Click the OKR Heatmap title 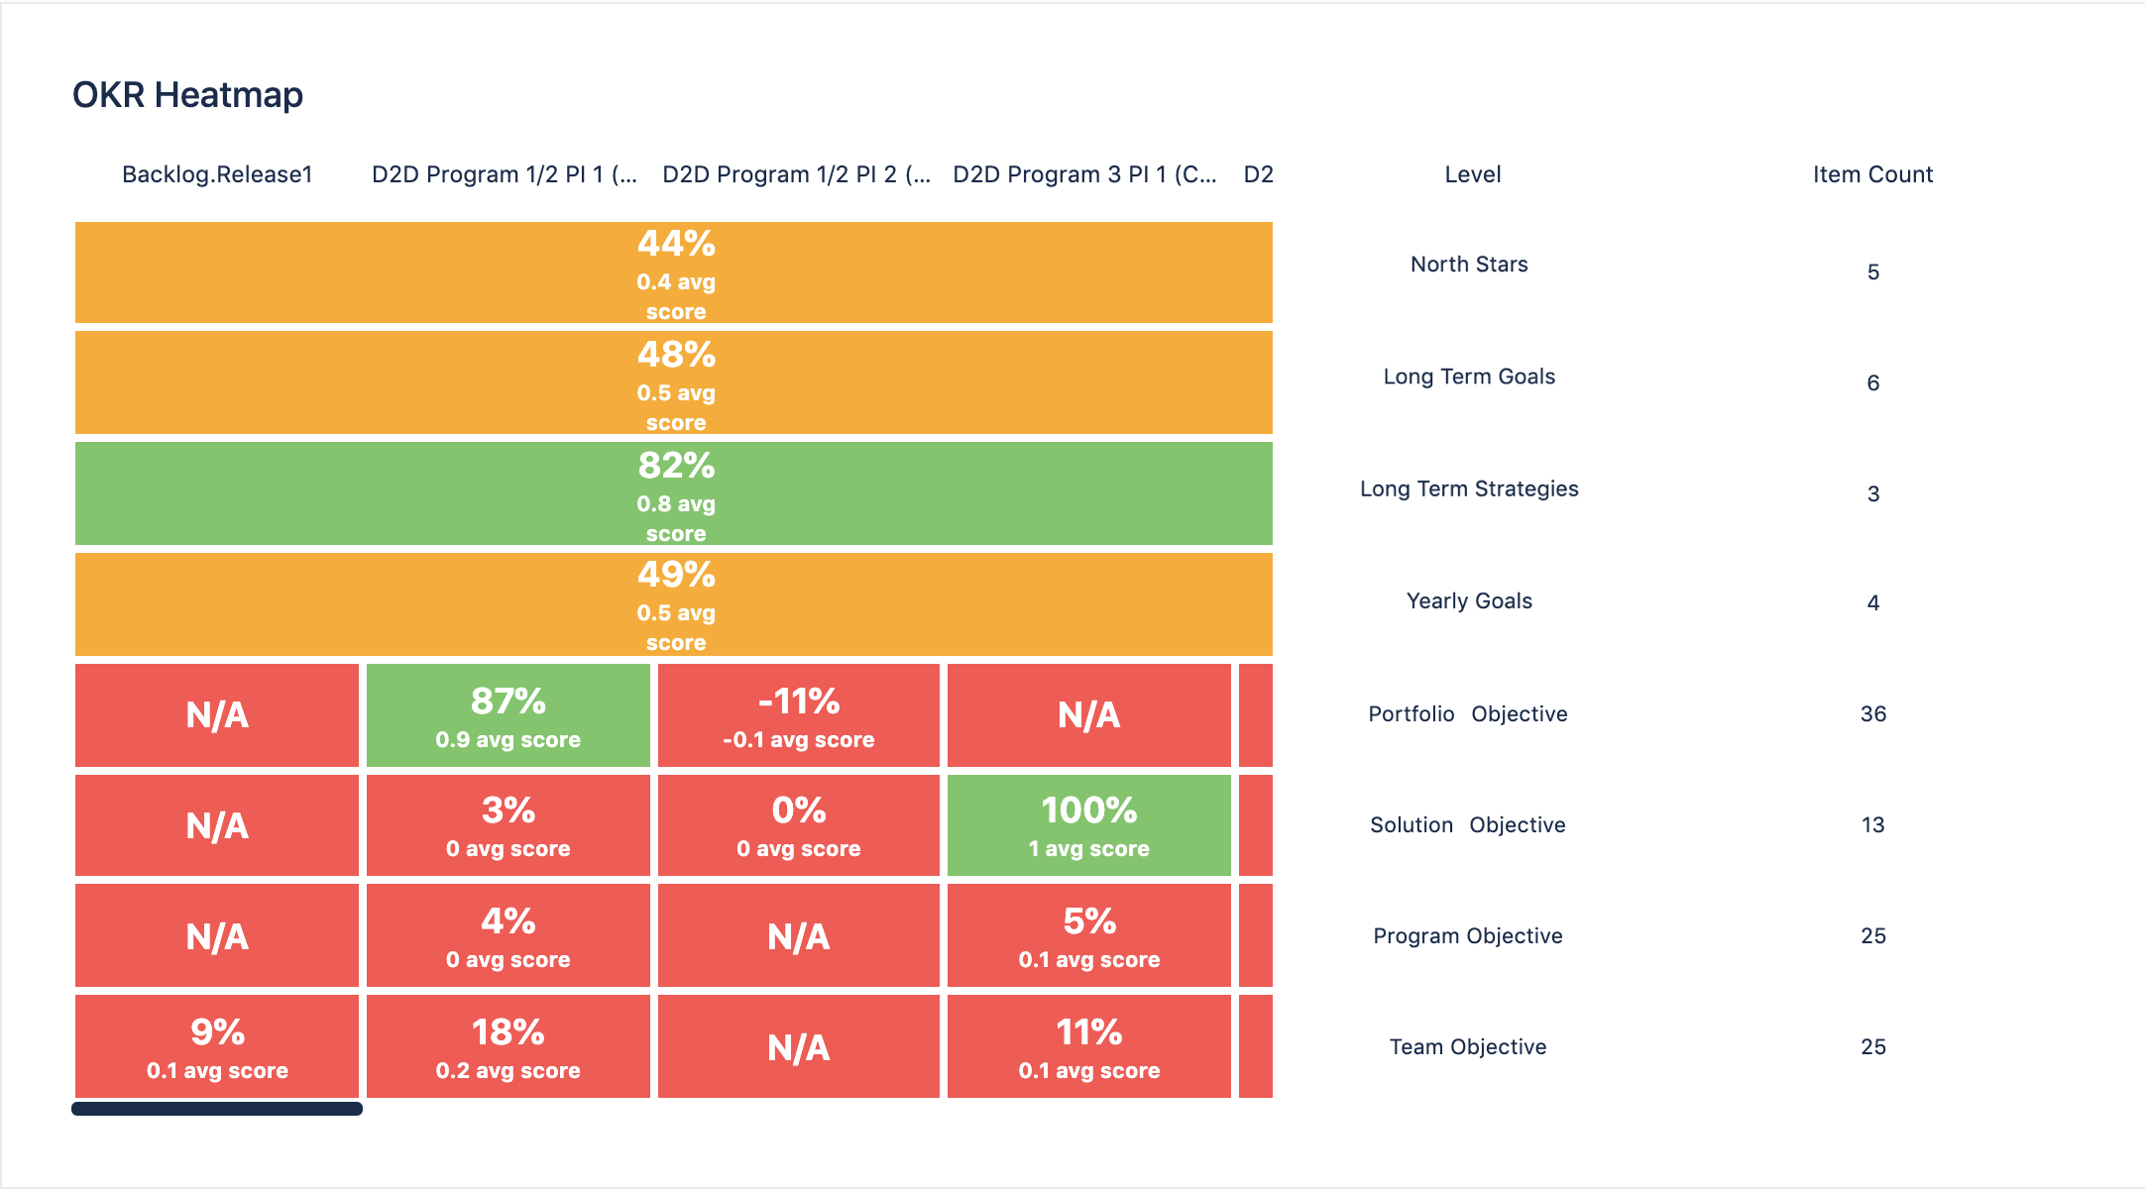[x=187, y=95]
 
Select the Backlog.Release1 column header [x=217, y=174]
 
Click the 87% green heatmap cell [x=508, y=715]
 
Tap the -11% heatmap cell [x=798, y=715]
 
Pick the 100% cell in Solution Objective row [x=1088, y=825]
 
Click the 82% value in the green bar [x=676, y=466]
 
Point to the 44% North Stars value [x=676, y=244]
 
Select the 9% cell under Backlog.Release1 [x=217, y=1046]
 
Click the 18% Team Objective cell [x=508, y=1046]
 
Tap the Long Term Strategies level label [x=1469, y=488]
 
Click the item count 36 [x=1872, y=714]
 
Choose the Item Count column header [x=1872, y=174]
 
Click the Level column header [x=1472, y=174]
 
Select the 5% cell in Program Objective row [x=1088, y=935]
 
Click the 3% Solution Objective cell [x=508, y=825]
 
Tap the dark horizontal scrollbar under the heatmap [x=217, y=1109]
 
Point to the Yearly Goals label [x=1469, y=600]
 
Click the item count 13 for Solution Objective [x=1872, y=825]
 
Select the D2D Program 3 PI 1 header [x=1084, y=174]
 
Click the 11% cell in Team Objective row [x=1088, y=1046]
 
